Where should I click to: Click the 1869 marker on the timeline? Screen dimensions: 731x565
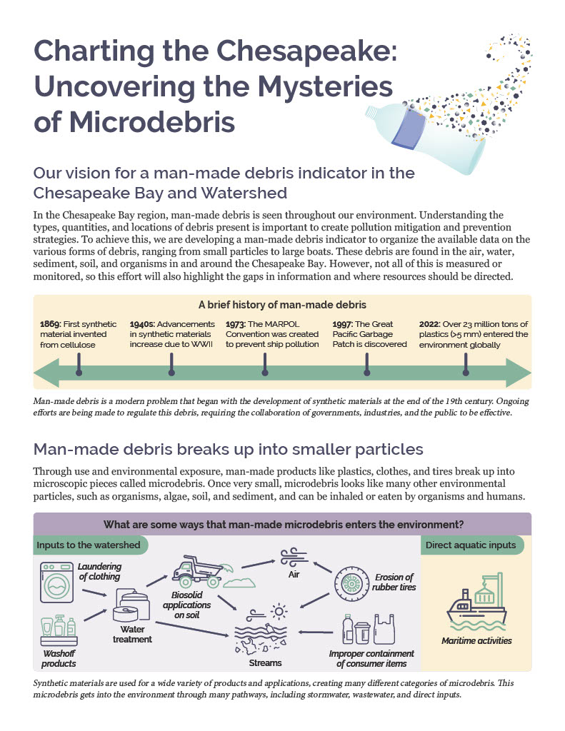79,370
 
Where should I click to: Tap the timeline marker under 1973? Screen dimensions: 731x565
265,370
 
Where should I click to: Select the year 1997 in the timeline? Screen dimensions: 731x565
343,323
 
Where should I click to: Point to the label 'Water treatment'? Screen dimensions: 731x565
132,634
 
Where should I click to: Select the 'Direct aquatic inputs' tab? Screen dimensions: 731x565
471,545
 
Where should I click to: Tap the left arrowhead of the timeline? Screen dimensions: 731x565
46,373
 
